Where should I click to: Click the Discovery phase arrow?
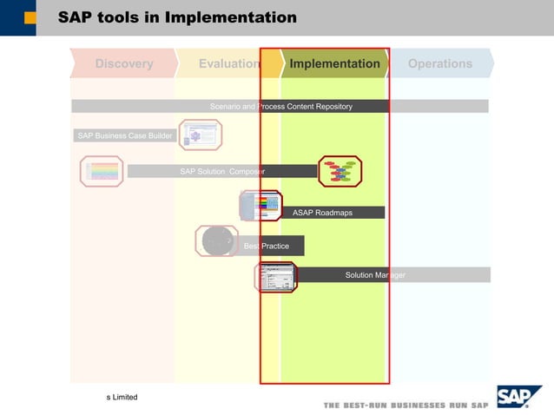(x=123, y=63)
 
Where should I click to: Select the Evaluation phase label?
(x=228, y=63)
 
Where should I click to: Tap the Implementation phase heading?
(x=334, y=63)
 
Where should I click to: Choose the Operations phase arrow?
(x=440, y=63)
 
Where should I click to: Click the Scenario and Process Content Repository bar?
(x=280, y=106)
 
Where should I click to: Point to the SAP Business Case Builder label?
(x=124, y=135)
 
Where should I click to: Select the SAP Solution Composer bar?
(x=222, y=171)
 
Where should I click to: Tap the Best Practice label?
(x=267, y=246)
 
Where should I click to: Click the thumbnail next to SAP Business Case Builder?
(x=201, y=135)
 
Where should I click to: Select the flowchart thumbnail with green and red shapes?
(x=340, y=171)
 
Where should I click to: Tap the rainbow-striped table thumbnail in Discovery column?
(x=102, y=171)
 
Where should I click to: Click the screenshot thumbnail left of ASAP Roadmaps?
(x=261, y=206)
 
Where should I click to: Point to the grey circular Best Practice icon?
(x=216, y=241)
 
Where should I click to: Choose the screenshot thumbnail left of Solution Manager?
(x=276, y=277)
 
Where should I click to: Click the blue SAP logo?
(x=518, y=397)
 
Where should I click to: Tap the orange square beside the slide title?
(x=31, y=17)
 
